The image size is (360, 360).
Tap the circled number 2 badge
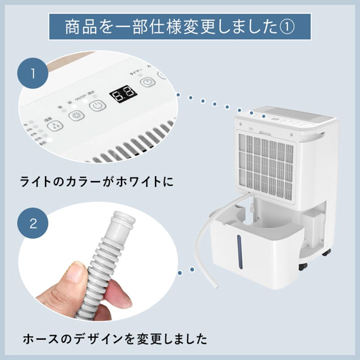click(x=33, y=224)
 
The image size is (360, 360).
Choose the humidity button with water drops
click(x=55, y=126)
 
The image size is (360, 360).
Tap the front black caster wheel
click(x=303, y=266)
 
